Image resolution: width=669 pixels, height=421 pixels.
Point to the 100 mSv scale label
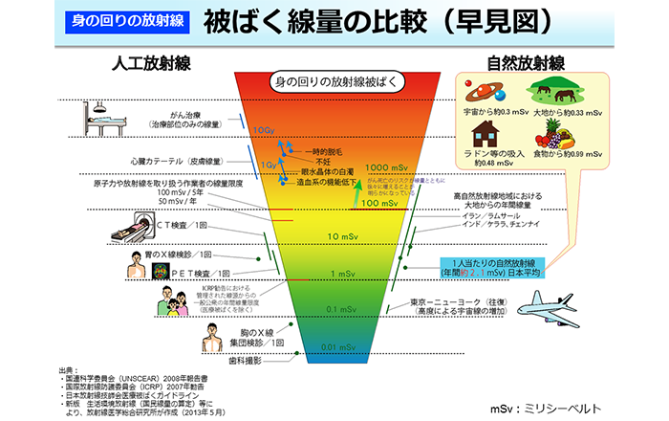379,203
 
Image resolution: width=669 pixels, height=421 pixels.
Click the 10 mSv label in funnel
342,235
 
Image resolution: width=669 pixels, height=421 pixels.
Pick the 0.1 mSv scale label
338,308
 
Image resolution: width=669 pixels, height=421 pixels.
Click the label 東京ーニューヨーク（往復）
464,301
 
